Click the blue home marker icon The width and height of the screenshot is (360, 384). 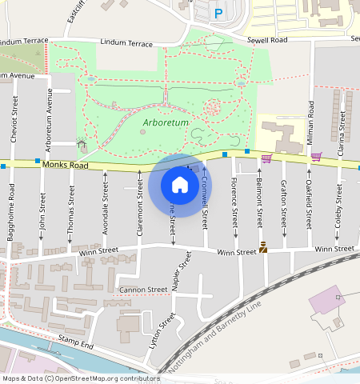[180, 186]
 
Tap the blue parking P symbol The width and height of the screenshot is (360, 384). [218, 13]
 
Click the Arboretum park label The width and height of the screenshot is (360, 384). [166, 122]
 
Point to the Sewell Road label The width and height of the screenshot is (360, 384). [267, 38]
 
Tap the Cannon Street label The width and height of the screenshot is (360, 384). [143, 289]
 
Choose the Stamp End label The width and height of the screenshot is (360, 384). [76, 345]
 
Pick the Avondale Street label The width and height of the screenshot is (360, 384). [106, 206]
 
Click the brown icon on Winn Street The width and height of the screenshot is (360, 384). [262, 250]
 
